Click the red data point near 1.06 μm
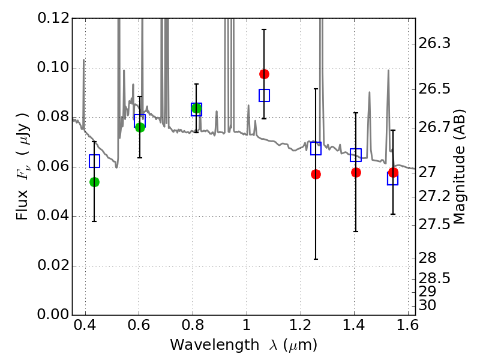[264, 74]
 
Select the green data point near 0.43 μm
[94, 182]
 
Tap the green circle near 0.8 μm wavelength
[197, 108]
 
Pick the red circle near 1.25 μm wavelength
[316, 175]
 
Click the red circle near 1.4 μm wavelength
[356, 173]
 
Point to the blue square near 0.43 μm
[94, 161]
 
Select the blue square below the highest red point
[264, 95]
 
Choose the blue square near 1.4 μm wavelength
[356, 155]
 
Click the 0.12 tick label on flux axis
[53, 18]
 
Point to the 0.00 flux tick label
[53, 314]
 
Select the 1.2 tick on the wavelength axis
[301, 325]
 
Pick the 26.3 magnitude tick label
[434, 43]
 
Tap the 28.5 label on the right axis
[434, 278]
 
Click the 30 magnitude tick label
[427, 305]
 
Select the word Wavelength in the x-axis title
[215, 345]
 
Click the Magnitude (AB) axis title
[458, 167]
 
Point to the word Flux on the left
[22, 205]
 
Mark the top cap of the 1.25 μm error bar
[316, 89]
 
